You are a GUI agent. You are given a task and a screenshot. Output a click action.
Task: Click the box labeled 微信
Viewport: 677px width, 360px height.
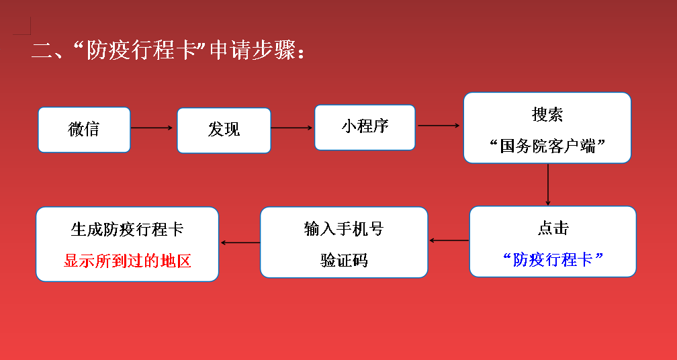click(84, 130)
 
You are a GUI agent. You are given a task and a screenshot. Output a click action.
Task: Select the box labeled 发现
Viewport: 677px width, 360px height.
click(224, 130)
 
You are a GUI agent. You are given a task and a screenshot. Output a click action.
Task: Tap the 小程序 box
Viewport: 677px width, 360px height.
click(365, 128)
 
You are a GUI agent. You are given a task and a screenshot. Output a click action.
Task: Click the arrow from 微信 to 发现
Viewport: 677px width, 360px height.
click(152, 128)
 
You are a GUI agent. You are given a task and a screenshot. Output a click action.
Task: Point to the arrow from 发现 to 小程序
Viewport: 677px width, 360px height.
click(291, 128)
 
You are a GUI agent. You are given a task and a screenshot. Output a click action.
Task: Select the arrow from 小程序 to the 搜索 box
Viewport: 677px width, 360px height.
click(439, 126)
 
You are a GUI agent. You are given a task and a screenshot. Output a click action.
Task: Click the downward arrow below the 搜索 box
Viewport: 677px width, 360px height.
click(548, 184)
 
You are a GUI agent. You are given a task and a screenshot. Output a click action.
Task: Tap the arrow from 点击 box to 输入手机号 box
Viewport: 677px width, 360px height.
click(449, 240)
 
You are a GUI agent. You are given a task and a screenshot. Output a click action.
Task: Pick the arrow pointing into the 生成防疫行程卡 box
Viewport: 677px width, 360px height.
click(240, 242)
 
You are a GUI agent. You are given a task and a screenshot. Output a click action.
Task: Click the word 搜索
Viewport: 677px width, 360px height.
click(547, 115)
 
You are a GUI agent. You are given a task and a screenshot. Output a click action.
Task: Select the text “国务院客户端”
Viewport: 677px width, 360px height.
click(547, 146)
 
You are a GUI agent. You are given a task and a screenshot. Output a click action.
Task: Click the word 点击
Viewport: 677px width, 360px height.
click(553, 228)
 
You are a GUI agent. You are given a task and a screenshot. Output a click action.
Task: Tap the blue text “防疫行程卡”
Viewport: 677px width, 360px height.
click(553, 259)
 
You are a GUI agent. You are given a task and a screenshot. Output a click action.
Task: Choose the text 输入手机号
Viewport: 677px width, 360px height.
click(344, 229)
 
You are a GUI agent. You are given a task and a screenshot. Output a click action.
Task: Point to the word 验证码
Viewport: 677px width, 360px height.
click(344, 261)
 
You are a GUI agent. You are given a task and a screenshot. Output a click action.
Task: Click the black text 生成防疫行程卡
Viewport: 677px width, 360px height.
click(127, 229)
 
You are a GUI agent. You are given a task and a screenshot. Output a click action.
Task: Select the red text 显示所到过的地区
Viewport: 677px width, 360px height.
click(128, 261)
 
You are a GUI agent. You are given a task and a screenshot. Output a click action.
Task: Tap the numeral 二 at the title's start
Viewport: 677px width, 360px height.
click(41, 51)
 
